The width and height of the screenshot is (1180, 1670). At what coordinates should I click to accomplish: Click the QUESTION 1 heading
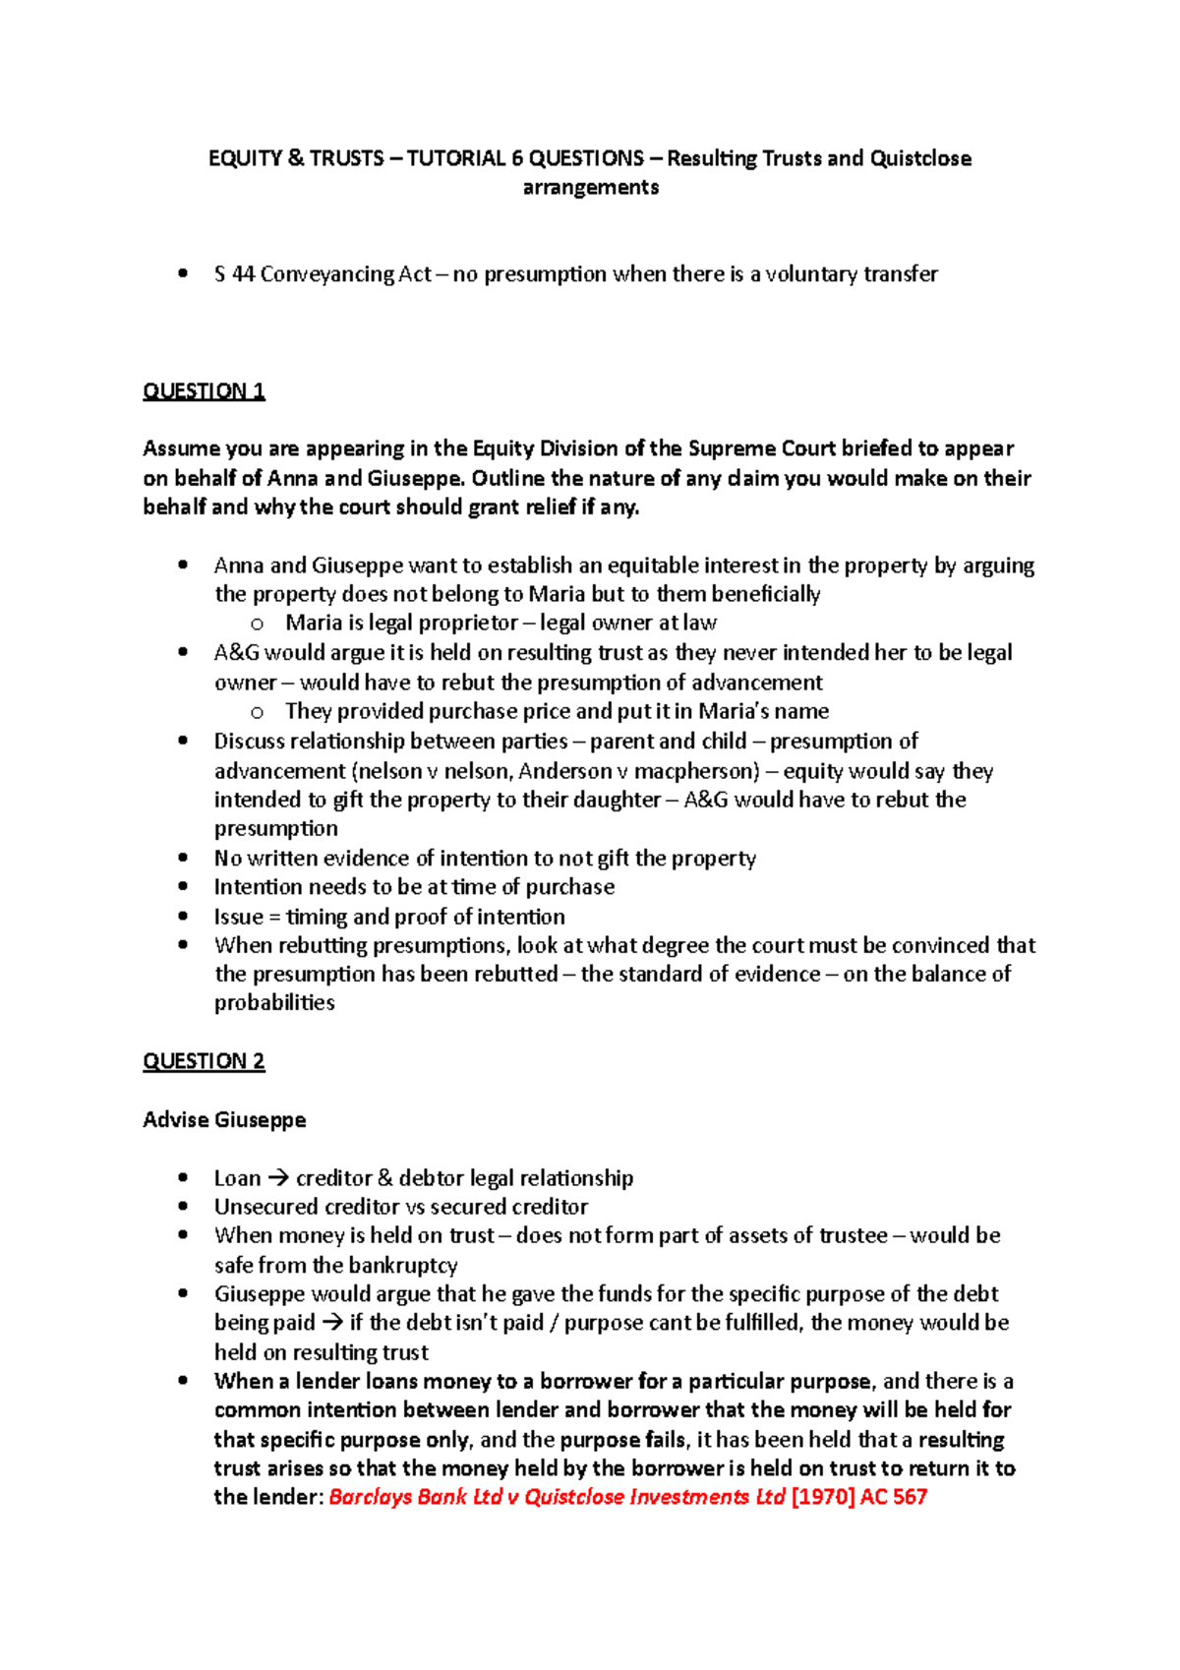[204, 391]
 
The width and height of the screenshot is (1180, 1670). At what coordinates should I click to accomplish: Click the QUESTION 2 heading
[204, 1061]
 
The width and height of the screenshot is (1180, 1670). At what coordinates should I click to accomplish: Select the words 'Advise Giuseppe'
[224, 1120]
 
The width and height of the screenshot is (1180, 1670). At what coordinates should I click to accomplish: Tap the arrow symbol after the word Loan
[278, 1178]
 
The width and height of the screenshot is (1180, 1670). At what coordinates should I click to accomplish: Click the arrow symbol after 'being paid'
[332, 1323]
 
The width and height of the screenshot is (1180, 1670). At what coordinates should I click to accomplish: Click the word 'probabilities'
[274, 1003]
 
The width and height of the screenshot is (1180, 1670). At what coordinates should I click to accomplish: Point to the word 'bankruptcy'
[402, 1266]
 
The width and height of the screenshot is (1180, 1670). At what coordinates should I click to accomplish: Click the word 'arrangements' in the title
[590, 188]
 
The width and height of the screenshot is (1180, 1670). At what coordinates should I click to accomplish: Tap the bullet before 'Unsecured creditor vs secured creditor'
[183, 1207]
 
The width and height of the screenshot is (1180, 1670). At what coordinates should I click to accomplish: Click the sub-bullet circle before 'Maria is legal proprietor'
[258, 624]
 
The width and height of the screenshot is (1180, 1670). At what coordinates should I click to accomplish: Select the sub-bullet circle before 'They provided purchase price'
[258, 712]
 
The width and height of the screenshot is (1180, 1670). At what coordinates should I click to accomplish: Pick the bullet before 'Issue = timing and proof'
[183, 917]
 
